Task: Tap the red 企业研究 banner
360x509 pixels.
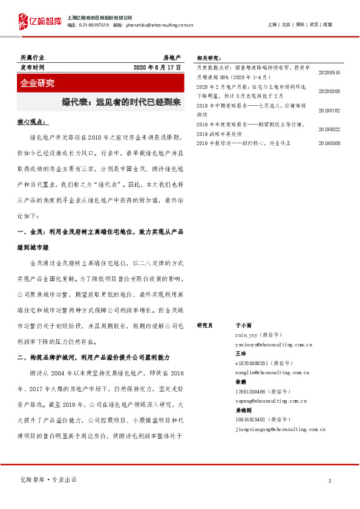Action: coord(37,83)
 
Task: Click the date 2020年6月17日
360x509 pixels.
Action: coord(157,68)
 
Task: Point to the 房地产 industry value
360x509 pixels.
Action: coord(172,57)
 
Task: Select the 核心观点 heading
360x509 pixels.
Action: coord(29,122)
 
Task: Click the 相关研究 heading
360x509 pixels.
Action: coord(209,58)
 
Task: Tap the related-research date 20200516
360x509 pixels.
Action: coord(329,73)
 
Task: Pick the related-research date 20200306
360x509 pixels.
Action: coord(329,91)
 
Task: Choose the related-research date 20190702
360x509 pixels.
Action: coord(329,111)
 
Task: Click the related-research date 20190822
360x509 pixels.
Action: coord(329,129)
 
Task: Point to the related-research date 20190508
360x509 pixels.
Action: coord(329,143)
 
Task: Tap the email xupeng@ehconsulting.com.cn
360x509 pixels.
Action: coord(270,401)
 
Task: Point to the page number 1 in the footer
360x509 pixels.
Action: coord(329,481)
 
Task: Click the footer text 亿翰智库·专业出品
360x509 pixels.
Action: coord(49,480)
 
